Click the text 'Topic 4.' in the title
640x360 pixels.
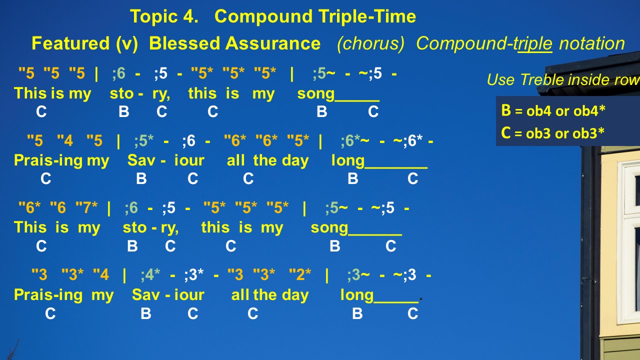pos(164,16)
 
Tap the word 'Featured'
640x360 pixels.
pos(70,43)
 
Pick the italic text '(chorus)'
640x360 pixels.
pos(370,44)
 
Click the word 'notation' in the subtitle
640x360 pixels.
pos(592,43)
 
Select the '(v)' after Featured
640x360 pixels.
pos(127,44)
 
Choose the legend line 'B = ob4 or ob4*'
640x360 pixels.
pos(553,110)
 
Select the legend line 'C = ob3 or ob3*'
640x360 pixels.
pos(553,133)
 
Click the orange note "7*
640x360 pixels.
pos(86,207)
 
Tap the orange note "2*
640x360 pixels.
pos(300,274)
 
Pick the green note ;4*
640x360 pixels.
pos(150,274)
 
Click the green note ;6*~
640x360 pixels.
pos(355,140)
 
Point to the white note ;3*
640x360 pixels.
pos(194,275)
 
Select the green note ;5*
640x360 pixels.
pos(144,140)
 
